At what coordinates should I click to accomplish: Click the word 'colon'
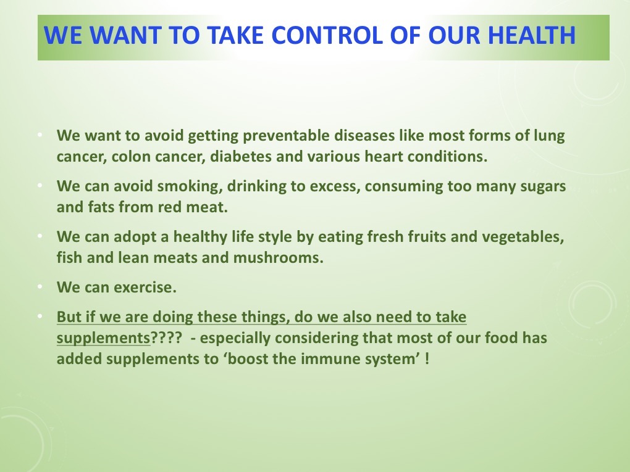click(130, 156)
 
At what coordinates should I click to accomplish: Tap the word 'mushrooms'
click(278, 257)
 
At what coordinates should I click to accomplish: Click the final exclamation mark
click(427, 358)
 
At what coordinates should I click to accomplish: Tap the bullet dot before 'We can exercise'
click(40, 288)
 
